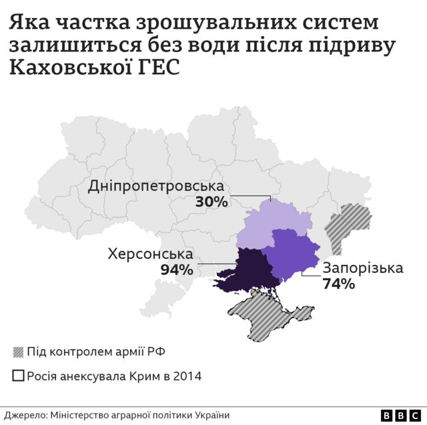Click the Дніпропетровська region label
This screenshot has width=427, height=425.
[156, 186]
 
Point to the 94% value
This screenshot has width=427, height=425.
[177, 270]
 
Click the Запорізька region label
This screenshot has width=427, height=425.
[363, 268]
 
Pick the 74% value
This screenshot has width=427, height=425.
[338, 284]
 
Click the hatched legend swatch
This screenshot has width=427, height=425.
[19, 352]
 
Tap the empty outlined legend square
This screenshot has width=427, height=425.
[19, 376]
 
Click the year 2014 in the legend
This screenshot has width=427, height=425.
[187, 376]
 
